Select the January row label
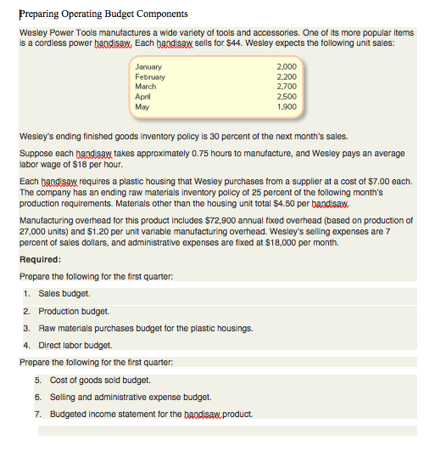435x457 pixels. click(150, 66)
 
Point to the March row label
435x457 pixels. click(146, 87)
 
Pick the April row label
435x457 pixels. click(143, 97)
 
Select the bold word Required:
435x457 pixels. click(40, 260)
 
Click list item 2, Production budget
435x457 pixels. click(78, 311)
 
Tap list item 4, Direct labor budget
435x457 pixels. click(81, 345)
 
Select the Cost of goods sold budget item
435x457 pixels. click(99, 380)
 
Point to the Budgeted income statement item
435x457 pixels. click(151, 414)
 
